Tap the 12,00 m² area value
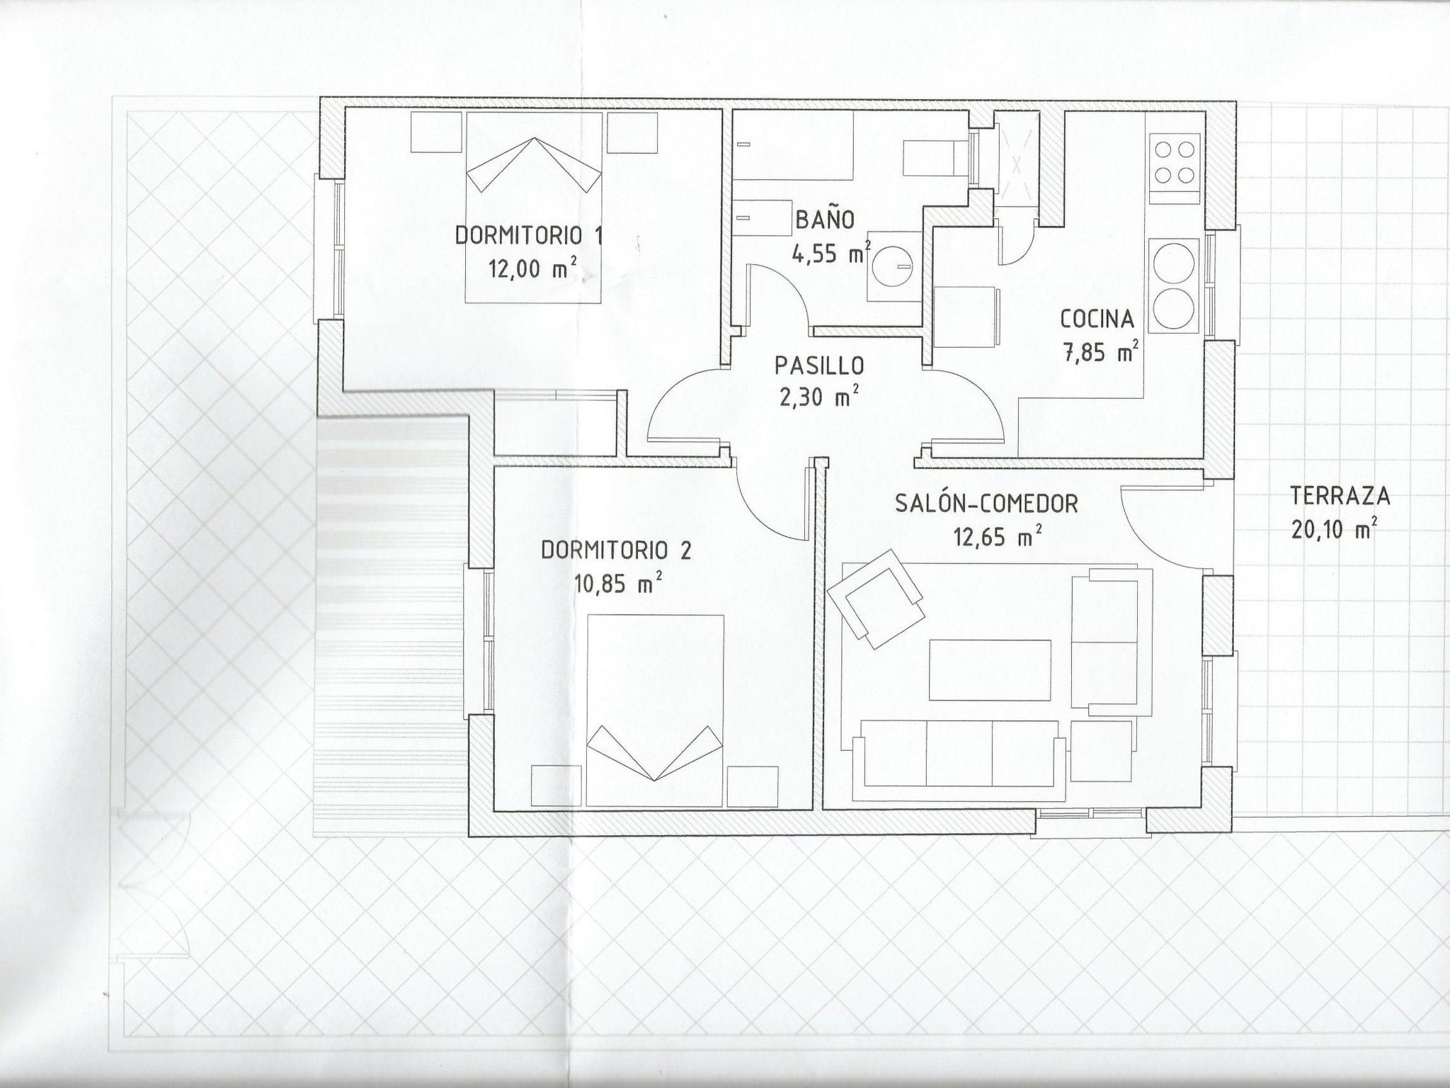[x=531, y=269]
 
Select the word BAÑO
[x=825, y=220]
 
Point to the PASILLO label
[x=819, y=365]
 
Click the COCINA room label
[x=1097, y=319]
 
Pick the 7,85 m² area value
[x=1100, y=352]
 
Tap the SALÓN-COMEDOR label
[x=986, y=504]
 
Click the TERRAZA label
[x=1340, y=496]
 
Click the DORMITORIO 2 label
[x=616, y=550]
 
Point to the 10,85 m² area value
[x=619, y=584]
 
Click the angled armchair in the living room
[x=877, y=597]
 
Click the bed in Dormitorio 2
[x=656, y=708]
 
